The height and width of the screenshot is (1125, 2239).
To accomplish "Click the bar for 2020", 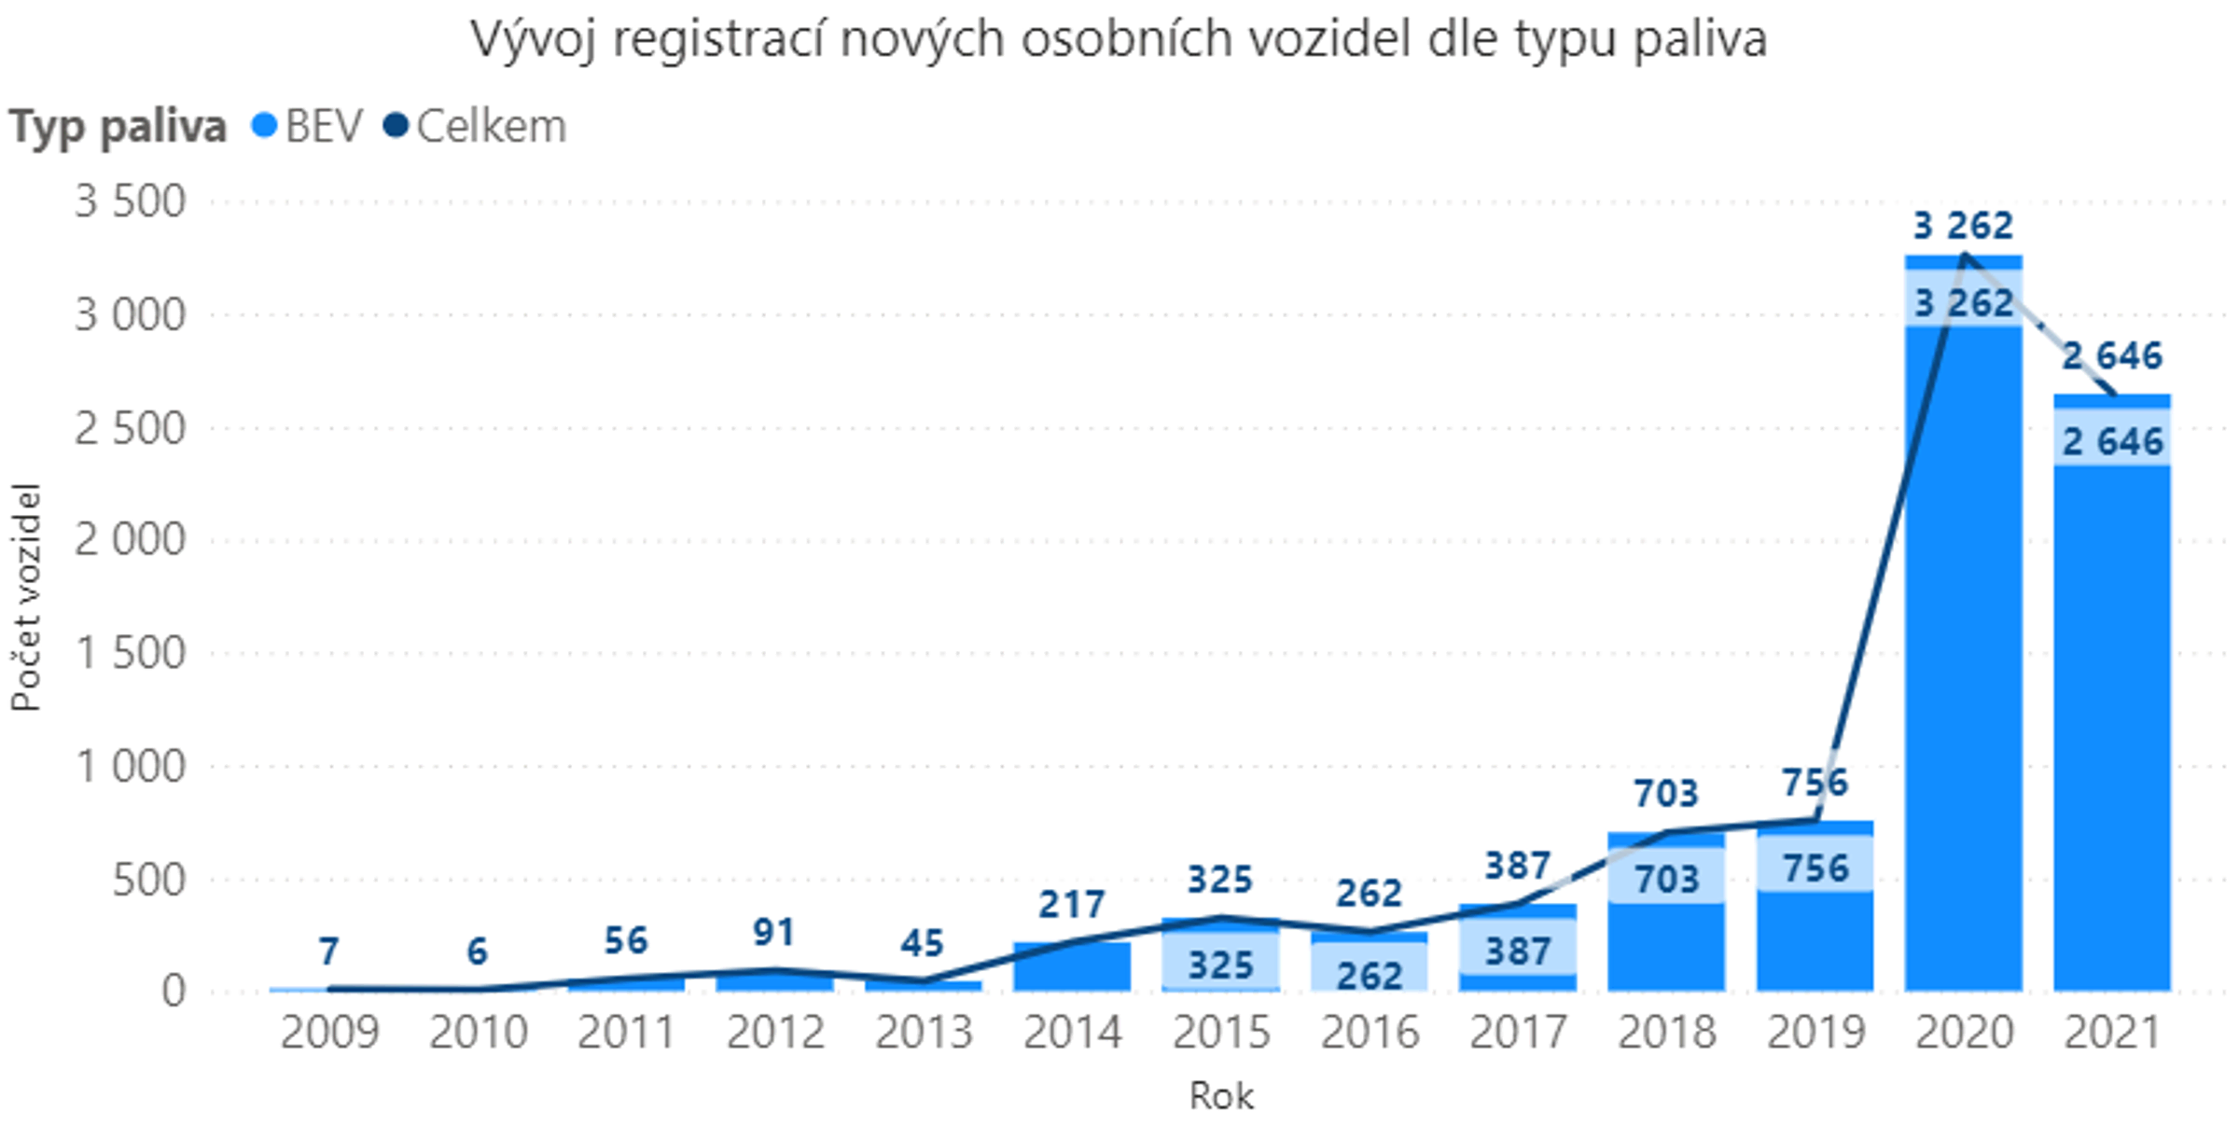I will pyautogui.click(x=1963, y=653).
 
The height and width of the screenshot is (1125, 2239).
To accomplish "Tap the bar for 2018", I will pyautogui.click(x=1666, y=942).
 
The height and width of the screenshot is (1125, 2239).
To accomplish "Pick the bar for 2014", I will pyautogui.click(x=1072, y=968).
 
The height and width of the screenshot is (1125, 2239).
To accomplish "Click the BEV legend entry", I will pyautogui.click(x=308, y=126).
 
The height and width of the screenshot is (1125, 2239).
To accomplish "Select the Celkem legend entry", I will pyautogui.click(x=476, y=126).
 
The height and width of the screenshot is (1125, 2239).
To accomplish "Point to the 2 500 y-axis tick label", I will pyautogui.click(x=131, y=428).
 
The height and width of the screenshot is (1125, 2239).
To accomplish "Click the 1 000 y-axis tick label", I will pyautogui.click(x=131, y=767).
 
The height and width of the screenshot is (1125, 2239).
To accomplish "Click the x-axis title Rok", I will pyautogui.click(x=1221, y=1095).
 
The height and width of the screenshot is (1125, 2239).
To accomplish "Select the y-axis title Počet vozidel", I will pyautogui.click(x=26, y=597).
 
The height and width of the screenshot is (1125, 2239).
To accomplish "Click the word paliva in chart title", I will pyautogui.click(x=1700, y=39).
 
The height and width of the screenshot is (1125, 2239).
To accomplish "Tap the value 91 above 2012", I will pyautogui.click(x=773, y=932).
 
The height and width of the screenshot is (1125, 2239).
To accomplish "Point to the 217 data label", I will pyautogui.click(x=1072, y=904).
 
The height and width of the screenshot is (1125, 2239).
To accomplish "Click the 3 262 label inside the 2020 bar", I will pyautogui.click(x=1963, y=303).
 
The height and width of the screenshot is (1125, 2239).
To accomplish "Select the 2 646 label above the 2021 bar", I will pyautogui.click(x=2112, y=355).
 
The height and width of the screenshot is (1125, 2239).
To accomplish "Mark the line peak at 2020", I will pyautogui.click(x=1965, y=254).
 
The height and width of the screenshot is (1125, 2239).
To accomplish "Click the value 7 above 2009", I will pyautogui.click(x=328, y=951).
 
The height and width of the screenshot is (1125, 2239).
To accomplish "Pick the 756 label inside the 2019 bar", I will pyautogui.click(x=1815, y=868).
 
